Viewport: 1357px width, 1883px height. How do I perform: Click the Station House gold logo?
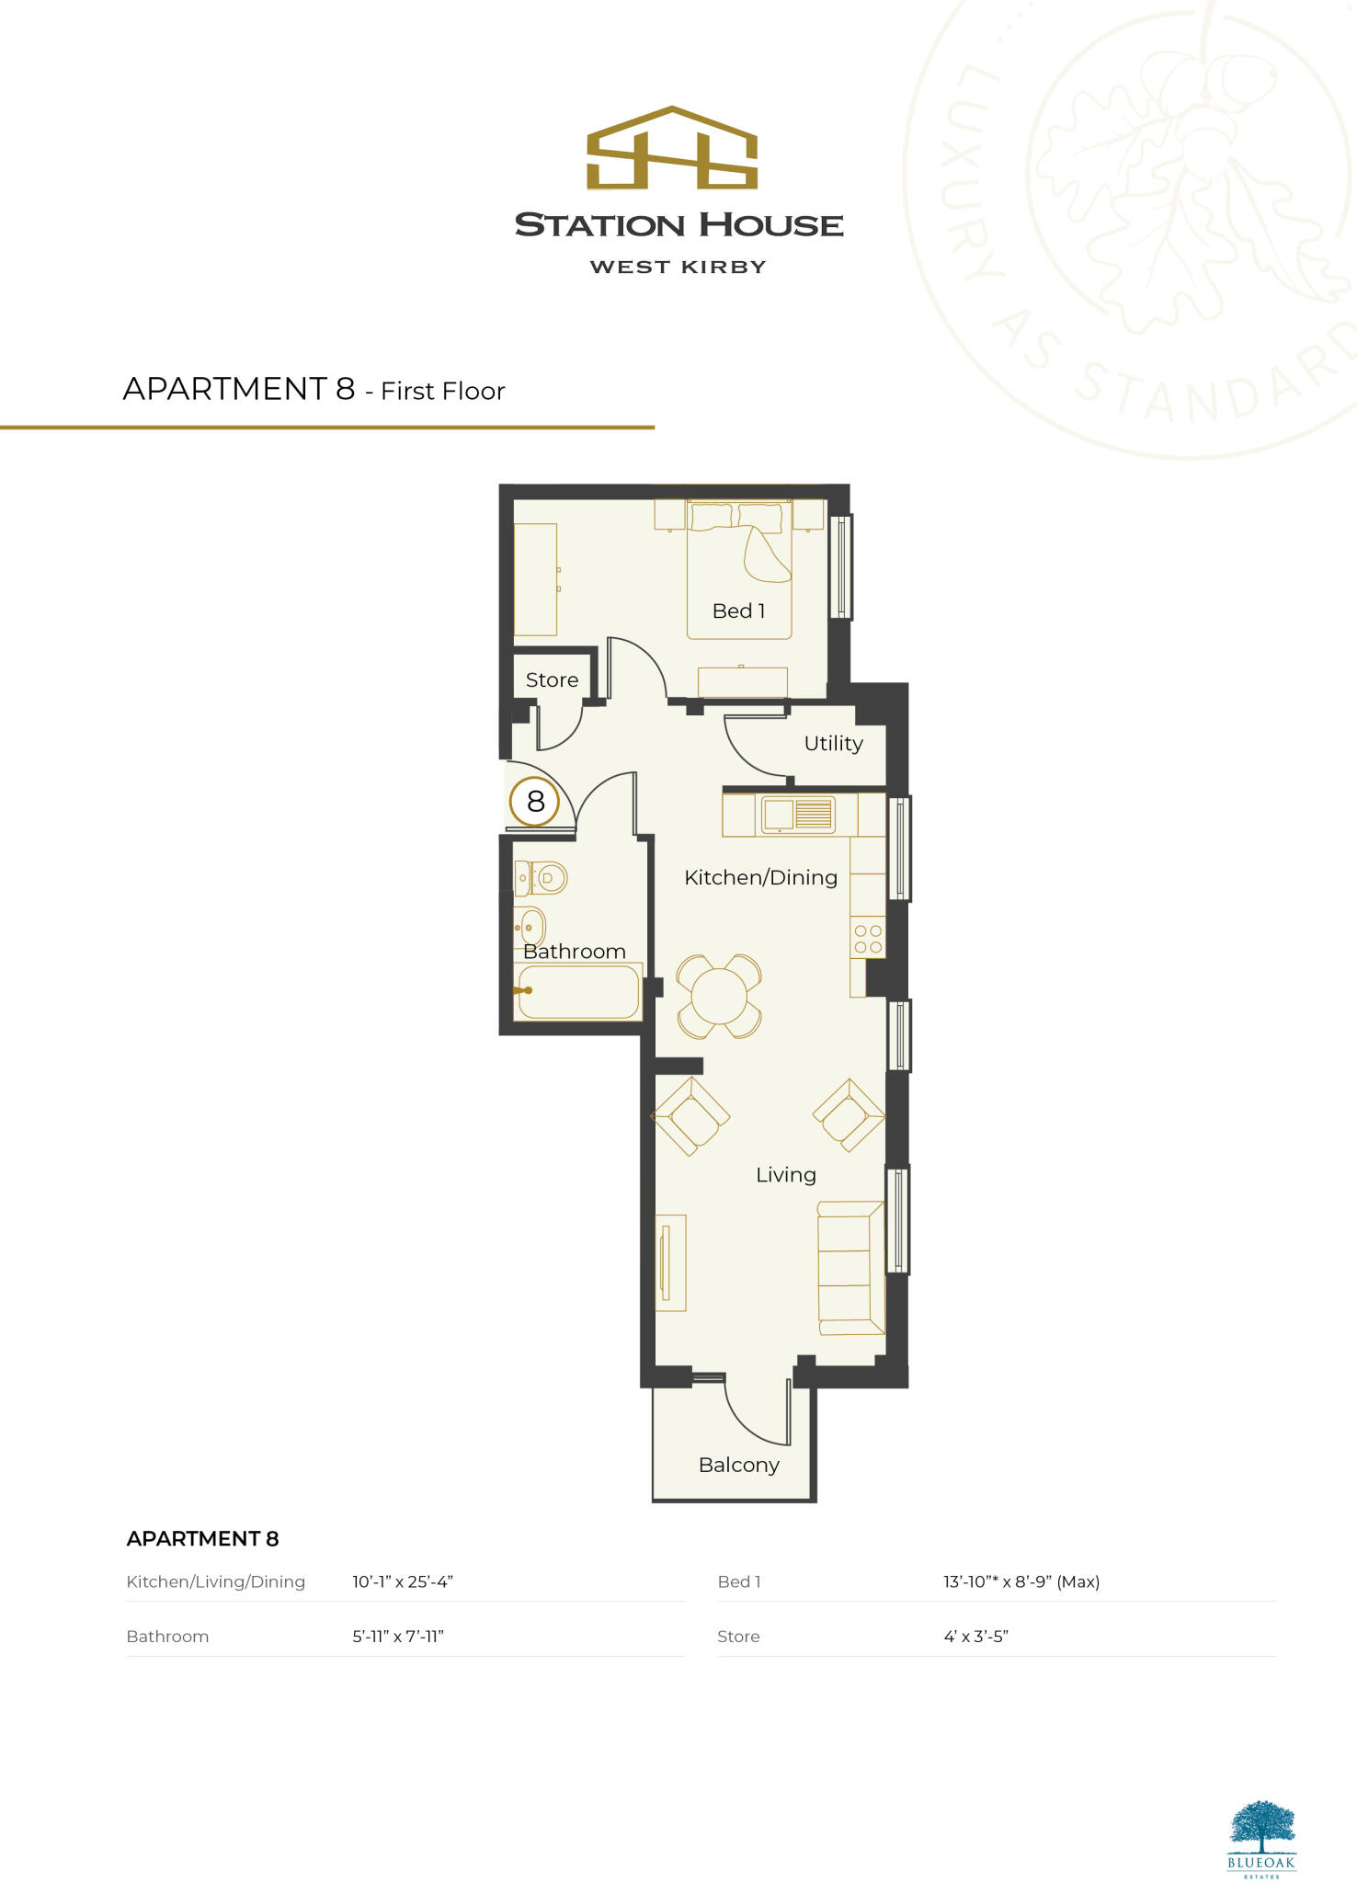[672, 149]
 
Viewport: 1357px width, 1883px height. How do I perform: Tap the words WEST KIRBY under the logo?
[678, 268]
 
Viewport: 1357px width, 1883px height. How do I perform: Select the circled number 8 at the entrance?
[535, 802]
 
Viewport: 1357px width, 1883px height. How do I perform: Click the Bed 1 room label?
[738, 611]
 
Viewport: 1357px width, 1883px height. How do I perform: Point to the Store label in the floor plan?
[552, 680]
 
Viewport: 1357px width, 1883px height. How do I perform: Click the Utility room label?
[833, 744]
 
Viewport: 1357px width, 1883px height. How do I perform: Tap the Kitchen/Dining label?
[760, 878]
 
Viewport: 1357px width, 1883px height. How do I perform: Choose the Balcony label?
[738, 1466]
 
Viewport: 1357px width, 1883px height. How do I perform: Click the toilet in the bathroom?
[542, 878]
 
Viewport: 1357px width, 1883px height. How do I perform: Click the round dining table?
[719, 997]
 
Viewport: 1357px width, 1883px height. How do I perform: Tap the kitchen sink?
[796, 815]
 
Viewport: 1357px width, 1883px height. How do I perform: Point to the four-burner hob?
[868, 939]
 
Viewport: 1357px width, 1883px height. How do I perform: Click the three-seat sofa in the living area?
[850, 1268]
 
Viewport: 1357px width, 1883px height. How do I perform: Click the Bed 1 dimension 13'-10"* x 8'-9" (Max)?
[1021, 1582]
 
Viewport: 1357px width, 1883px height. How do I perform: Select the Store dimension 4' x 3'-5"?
[975, 1637]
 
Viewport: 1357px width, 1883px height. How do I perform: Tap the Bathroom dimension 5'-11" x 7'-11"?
[398, 1637]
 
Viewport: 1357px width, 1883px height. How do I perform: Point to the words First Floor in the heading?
[443, 392]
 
